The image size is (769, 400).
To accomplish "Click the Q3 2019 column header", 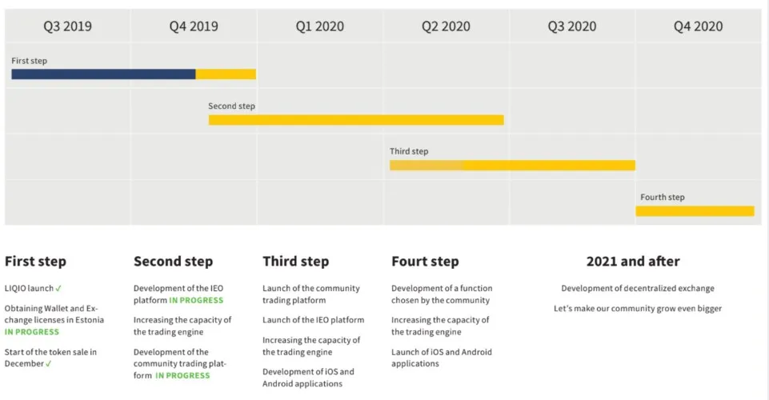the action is tap(68, 26).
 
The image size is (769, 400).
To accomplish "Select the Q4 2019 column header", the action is tap(194, 26).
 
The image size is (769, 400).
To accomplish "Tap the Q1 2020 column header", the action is tap(320, 26).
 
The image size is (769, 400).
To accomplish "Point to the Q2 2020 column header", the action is tap(446, 26).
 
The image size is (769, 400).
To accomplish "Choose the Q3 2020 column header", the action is tap(572, 26).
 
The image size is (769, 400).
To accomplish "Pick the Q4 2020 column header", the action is tap(698, 26).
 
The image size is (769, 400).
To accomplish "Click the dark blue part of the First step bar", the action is tap(103, 74).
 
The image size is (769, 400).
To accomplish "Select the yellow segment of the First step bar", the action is tap(226, 74).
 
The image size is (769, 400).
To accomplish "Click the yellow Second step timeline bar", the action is tap(356, 120).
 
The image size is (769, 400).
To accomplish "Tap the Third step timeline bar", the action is tap(512, 165).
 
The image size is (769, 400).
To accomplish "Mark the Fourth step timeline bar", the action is tap(695, 210).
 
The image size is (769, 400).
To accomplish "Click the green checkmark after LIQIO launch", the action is tap(58, 289).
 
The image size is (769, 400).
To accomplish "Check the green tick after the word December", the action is tap(49, 364).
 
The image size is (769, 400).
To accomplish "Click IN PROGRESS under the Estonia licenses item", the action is tap(32, 332).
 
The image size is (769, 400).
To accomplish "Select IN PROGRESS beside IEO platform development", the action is tap(196, 301).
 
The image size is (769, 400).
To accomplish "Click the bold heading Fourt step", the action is tap(425, 262).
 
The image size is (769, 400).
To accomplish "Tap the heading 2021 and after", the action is tap(633, 262).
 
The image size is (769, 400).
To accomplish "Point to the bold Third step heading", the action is tap(296, 262).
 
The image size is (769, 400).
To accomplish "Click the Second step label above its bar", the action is tap(231, 106).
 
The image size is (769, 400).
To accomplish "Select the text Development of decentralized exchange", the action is tap(638, 288).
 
